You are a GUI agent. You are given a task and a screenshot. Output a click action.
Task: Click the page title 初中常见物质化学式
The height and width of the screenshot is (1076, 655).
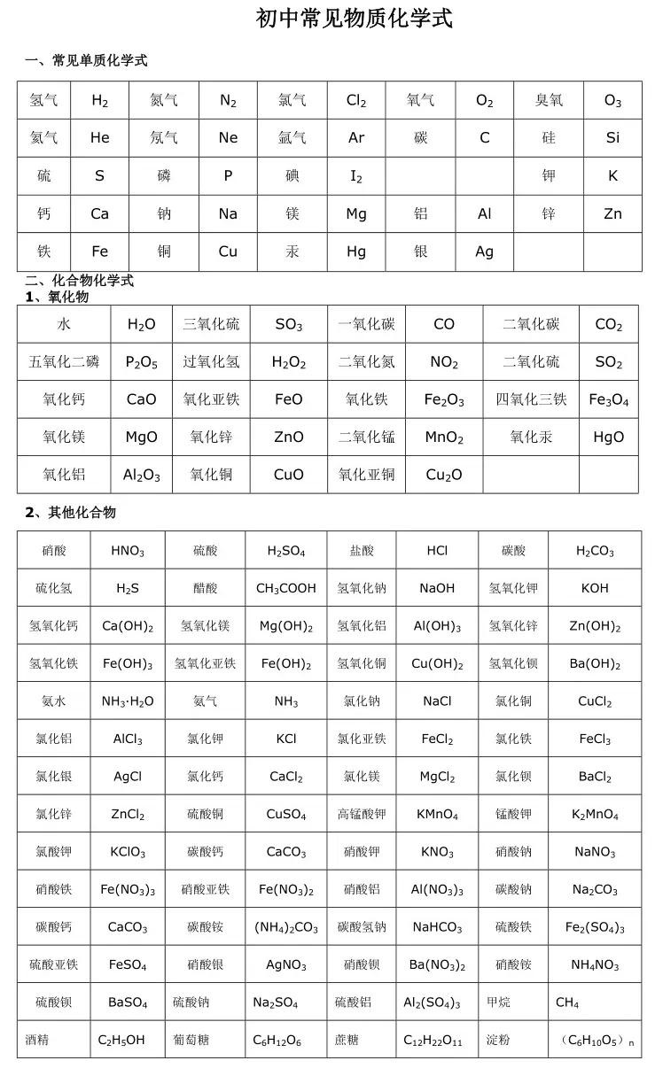[x=355, y=19]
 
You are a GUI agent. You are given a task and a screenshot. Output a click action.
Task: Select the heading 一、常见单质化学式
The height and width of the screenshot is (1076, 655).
[x=86, y=61]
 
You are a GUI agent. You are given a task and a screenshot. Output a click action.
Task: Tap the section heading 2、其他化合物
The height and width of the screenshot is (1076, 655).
[x=70, y=513]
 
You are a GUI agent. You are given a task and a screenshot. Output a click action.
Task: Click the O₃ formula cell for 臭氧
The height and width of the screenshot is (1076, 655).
[x=612, y=101]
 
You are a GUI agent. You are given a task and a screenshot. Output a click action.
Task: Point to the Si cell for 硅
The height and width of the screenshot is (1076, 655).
[x=612, y=138]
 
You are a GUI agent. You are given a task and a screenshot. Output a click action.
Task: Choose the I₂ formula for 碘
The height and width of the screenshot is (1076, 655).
[x=356, y=176]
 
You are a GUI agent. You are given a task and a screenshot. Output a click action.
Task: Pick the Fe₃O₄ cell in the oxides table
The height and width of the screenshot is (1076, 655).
[x=609, y=400]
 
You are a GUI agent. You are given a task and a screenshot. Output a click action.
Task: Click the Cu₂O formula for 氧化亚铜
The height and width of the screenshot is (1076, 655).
[x=444, y=476]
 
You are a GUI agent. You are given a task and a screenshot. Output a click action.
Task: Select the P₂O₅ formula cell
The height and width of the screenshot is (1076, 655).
[x=142, y=362]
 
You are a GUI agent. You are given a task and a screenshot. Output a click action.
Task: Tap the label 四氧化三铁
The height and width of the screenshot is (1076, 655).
[x=531, y=399]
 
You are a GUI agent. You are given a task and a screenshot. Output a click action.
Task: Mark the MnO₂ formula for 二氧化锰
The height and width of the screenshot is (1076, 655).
[x=444, y=437]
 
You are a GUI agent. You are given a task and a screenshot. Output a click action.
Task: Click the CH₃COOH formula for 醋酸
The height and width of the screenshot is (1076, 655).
[x=285, y=589]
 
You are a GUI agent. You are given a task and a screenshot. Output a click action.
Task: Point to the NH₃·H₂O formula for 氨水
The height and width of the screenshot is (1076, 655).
[x=128, y=701]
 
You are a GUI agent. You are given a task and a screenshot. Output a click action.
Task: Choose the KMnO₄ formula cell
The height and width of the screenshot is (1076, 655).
[x=437, y=815]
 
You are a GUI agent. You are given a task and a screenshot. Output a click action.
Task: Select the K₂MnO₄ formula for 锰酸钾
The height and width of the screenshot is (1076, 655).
[x=595, y=815]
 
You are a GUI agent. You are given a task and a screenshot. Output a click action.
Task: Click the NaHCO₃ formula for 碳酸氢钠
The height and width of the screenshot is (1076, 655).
[x=437, y=928]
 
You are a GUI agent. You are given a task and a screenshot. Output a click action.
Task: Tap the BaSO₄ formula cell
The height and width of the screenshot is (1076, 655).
[x=128, y=1003]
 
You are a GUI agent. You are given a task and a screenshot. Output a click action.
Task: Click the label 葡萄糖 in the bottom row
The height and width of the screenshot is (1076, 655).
[x=206, y=1041]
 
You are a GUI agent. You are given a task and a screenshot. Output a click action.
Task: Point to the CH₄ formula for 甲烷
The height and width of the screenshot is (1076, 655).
[x=567, y=1003]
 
